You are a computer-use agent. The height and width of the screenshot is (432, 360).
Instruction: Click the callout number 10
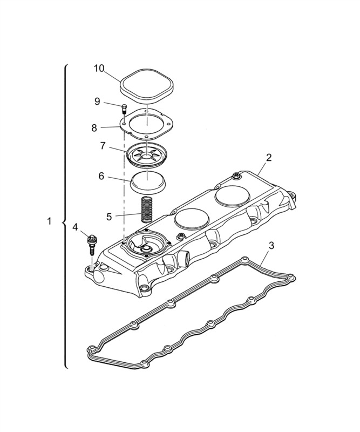tap(99, 69)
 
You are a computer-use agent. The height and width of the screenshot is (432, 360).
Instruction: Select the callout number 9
tap(97, 102)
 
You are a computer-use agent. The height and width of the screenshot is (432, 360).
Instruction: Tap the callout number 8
tap(94, 128)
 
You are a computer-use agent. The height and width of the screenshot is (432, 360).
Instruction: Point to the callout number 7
tap(103, 146)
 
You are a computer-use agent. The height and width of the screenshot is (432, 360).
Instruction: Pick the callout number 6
tap(101, 176)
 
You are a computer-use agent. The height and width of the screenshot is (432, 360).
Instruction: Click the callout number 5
tap(109, 217)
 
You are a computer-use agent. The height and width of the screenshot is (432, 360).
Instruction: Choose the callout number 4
tap(75, 227)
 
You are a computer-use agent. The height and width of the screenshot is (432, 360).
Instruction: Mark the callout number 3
tap(271, 246)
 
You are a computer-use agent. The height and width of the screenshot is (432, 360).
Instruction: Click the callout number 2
tap(269, 158)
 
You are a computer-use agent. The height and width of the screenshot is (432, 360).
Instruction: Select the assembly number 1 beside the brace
tap(50, 221)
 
